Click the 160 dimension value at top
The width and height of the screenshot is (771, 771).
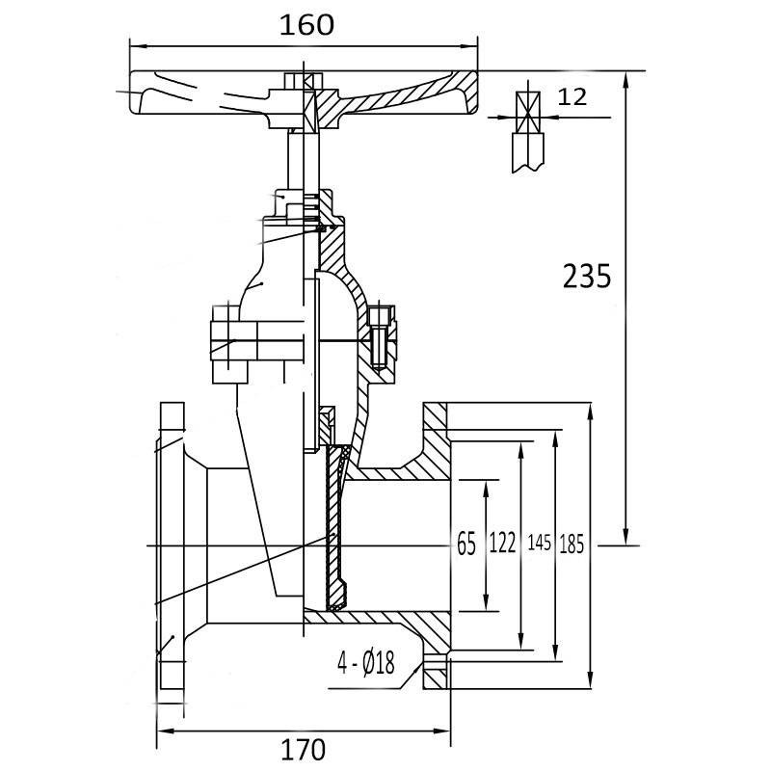[x=306, y=24]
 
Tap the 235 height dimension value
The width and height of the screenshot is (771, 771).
[x=586, y=277]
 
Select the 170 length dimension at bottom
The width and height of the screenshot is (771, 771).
[x=305, y=748]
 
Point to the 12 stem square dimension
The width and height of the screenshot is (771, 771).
[x=572, y=96]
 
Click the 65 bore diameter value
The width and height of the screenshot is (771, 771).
[x=466, y=545]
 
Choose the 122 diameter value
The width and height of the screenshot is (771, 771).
[x=502, y=545]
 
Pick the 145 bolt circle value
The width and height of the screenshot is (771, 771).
[x=539, y=545]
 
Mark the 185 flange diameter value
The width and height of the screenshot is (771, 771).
[x=572, y=545]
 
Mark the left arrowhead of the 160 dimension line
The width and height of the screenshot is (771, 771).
[x=136, y=45]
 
